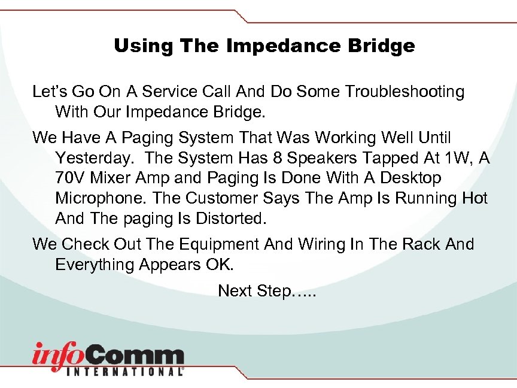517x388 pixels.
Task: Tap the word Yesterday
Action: coord(96,158)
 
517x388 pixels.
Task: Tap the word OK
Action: coord(242,264)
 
